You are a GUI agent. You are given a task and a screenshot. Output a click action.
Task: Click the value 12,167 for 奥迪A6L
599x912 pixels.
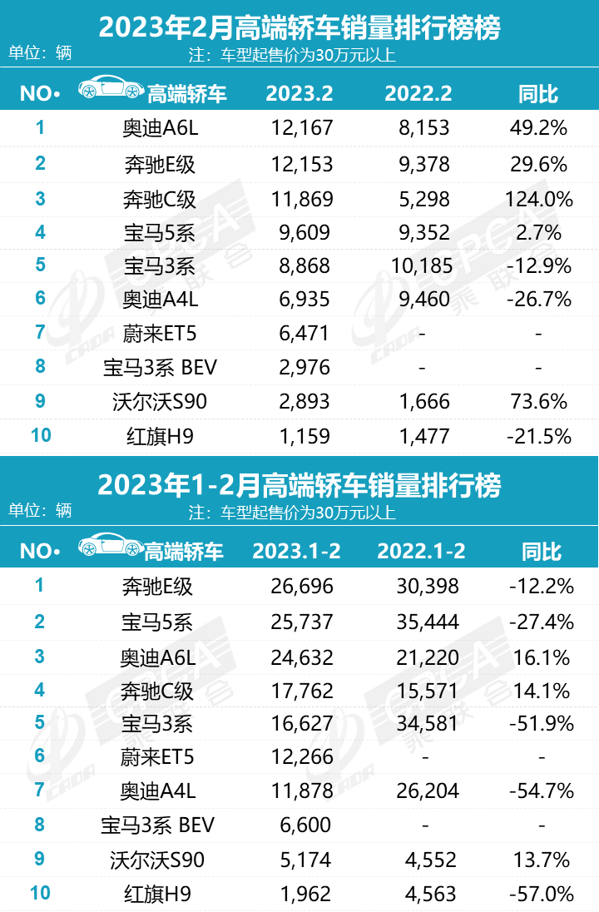click(x=301, y=128)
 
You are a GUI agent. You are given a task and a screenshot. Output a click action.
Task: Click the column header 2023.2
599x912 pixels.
click(x=301, y=93)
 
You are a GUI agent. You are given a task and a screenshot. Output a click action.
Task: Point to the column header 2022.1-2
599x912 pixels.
click(x=421, y=551)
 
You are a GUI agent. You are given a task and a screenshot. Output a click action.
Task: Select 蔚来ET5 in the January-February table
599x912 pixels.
click(x=158, y=757)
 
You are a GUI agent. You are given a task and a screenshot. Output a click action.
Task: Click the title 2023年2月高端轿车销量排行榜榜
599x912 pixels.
click(x=299, y=28)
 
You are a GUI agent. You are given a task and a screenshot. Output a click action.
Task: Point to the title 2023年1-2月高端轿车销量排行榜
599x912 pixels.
click(x=299, y=484)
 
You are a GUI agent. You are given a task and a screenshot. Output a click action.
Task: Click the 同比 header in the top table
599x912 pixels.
click(x=538, y=93)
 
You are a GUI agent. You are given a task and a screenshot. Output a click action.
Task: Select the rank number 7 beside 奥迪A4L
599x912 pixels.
click(x=39, y=791)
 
